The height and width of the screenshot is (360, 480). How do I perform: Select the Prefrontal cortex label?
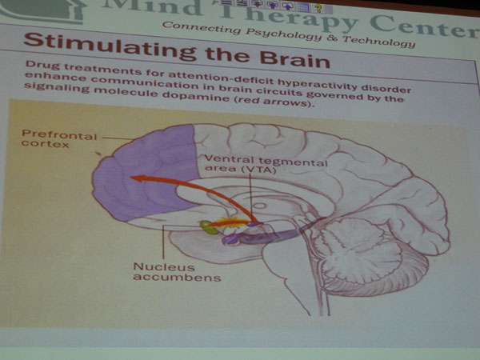pyautogui.click(x=58, y=138)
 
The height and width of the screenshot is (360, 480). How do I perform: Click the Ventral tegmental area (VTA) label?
pyautogui.click(x=266, y=164)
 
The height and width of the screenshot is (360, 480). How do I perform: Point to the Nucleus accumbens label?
pyautogui.click(x=177, y=272)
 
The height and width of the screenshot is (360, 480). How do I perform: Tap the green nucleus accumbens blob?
pyautogui.click(x=209, y=227)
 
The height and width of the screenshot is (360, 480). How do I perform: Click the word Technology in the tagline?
pyautogui.click(x=378, y=42)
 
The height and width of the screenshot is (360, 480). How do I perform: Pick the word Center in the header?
pyautogui.click(x=425, y=27)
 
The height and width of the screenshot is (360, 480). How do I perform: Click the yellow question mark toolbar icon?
pyautogui.click(x=318, y=7)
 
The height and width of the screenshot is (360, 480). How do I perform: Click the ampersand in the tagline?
pyautogui.click(x=331, y=38)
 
